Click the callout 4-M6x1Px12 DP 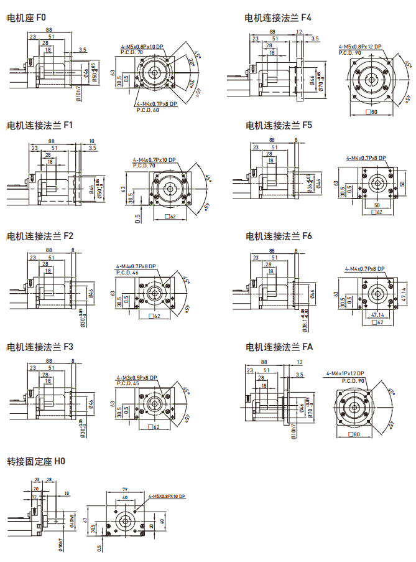[345, 374]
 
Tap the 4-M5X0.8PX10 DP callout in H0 [168, 496]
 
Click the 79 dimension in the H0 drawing [124, 490]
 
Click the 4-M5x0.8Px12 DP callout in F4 [359, 47]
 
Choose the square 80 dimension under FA [354, 434]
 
